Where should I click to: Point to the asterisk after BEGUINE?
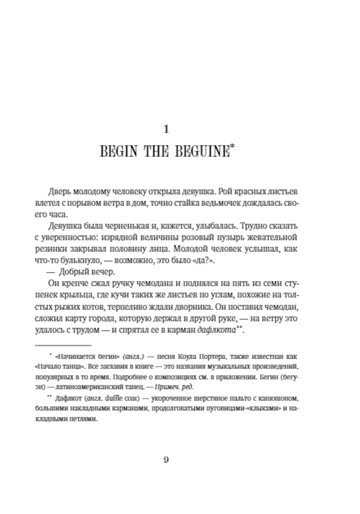pyautogui.click(x=232, y=147)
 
